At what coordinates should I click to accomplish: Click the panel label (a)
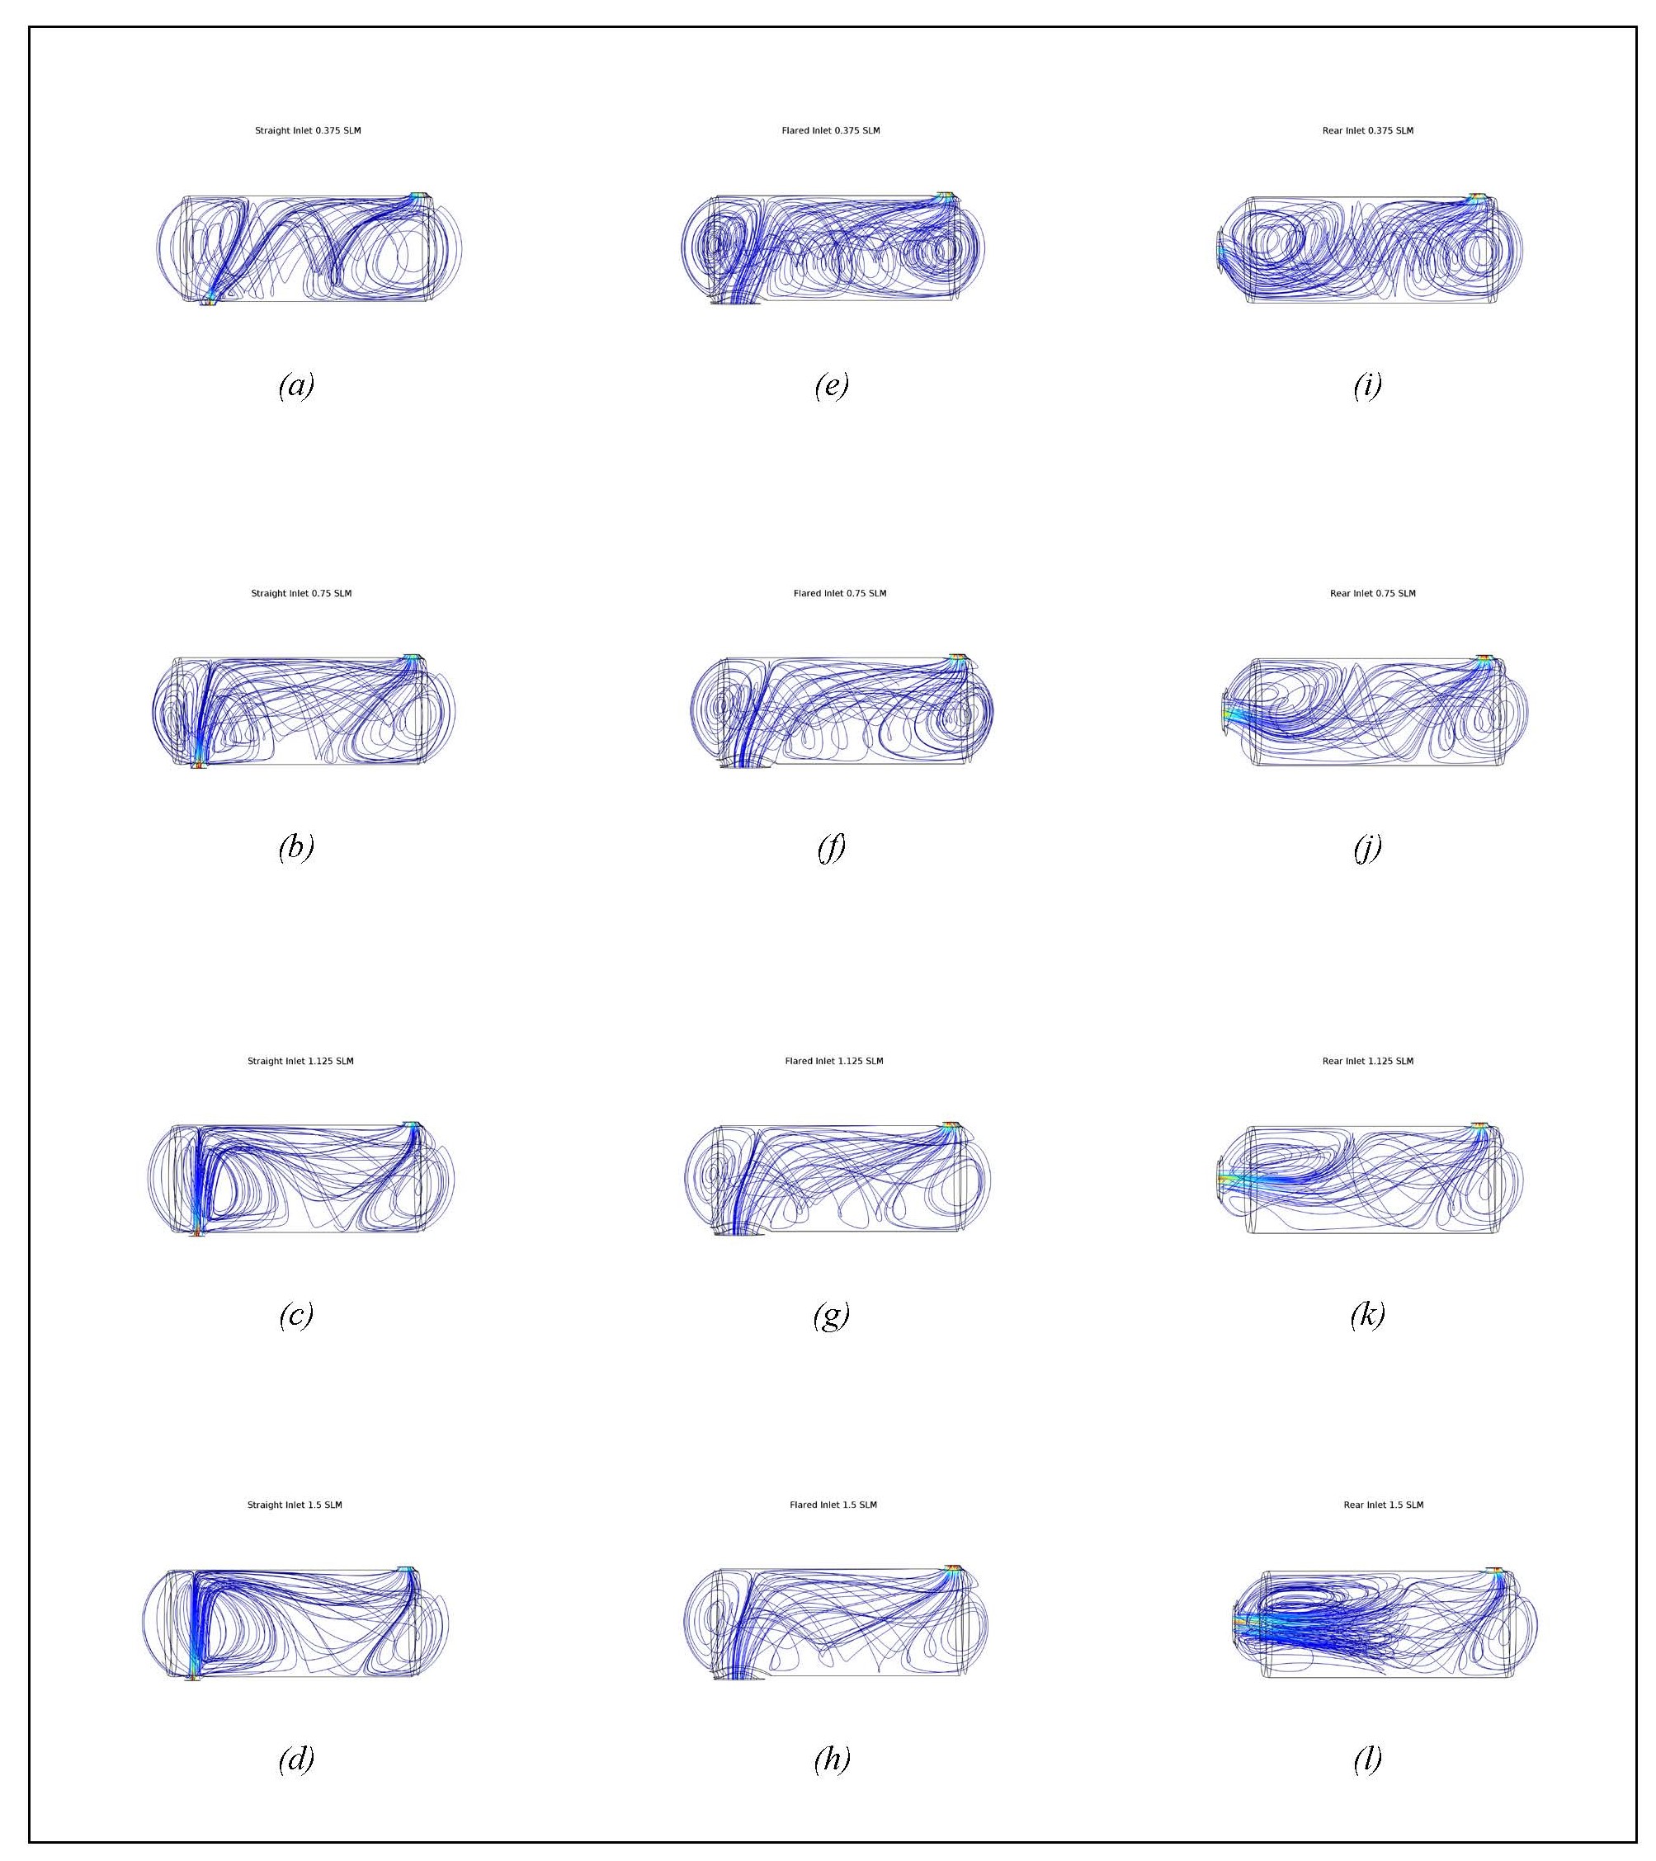click(x=296, y=385)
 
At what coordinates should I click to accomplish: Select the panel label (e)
click(x=832, y=385)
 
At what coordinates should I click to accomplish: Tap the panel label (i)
click(x=1367, y=385)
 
